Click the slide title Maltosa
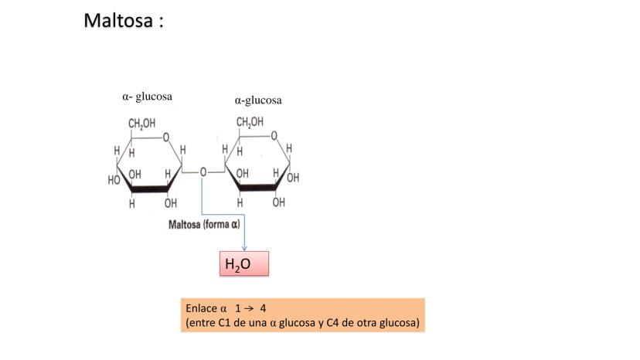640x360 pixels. point(118,20)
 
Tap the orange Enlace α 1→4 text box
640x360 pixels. point(304,315)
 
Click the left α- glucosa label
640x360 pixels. point(147,97)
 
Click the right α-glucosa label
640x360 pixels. point(258,100)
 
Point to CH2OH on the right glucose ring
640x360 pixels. point(250,122)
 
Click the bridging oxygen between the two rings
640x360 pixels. point(203,172)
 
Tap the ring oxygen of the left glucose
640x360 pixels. point(165,138)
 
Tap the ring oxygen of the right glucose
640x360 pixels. point(274,137)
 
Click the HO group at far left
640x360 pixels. point(114,180)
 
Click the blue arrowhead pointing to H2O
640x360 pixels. point(244,247)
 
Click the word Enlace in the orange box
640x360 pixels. point(202,307)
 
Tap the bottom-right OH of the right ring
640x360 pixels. point(278,202)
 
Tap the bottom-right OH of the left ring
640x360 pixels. point(170,203)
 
